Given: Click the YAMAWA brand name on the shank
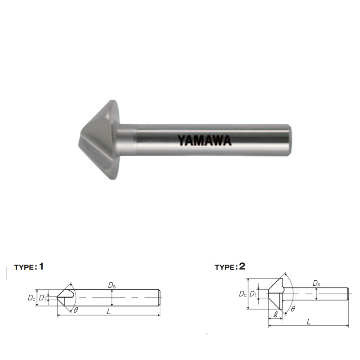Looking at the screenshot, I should tap(205, 140).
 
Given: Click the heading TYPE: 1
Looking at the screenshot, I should tap(29, 266).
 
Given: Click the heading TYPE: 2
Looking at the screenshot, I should tap(230, 266).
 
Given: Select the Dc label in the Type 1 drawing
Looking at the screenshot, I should tap(31, 298).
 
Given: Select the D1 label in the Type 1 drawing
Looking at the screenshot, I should tap(42, 298).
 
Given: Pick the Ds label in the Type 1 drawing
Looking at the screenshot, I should tap(111, 285).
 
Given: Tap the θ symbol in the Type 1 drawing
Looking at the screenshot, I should tap(76, 310).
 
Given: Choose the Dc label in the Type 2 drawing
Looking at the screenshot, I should tap(242, 294).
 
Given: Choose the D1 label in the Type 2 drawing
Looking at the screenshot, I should tap(253, 294).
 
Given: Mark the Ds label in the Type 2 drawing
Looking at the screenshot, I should tap(316, 283).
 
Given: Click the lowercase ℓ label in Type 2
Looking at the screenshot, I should tap(275, 314).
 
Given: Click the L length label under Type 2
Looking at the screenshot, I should tap(308, 321).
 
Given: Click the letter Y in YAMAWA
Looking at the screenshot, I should tap(182, 140).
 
